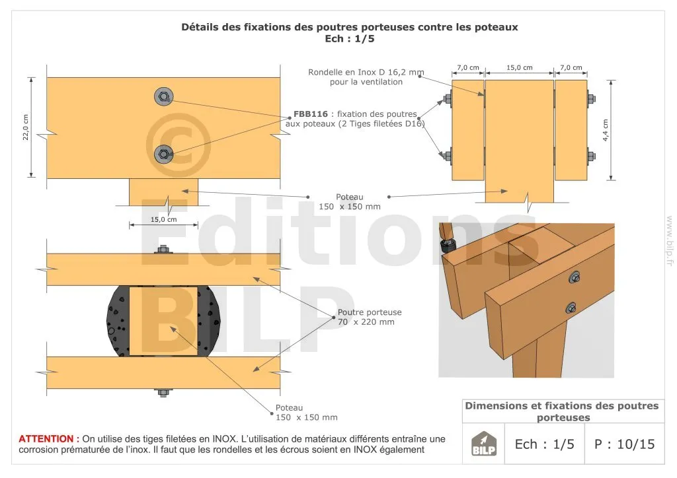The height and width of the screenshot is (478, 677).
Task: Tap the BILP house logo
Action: (483, 444)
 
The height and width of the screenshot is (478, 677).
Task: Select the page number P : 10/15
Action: (624, 444)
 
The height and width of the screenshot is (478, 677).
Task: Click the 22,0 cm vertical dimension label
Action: (26, 127)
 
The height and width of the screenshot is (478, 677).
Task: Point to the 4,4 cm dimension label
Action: (606, 130)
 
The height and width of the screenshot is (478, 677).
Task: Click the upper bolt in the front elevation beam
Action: (164, 96)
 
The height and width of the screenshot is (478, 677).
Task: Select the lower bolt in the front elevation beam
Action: (164, 154)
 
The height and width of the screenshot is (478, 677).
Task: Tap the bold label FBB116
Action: (311, 114)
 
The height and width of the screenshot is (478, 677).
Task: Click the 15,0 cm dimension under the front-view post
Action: (164, 219)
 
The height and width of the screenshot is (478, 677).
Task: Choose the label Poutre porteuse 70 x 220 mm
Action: (369, 317)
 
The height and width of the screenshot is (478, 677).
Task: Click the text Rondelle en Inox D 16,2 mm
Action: (366, 73)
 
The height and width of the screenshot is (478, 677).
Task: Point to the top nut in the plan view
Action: (163, 250)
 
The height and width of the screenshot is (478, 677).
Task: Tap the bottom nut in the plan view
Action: (163, 393)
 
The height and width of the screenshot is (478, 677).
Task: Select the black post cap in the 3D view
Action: (446, 246)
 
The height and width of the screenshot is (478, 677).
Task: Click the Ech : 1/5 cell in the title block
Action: (545, 444)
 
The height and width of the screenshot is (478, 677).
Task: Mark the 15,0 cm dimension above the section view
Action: (520, 67)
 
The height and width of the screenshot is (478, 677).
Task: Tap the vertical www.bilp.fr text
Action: (670, 240)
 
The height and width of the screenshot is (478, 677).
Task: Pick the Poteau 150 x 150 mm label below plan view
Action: (307, 413)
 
